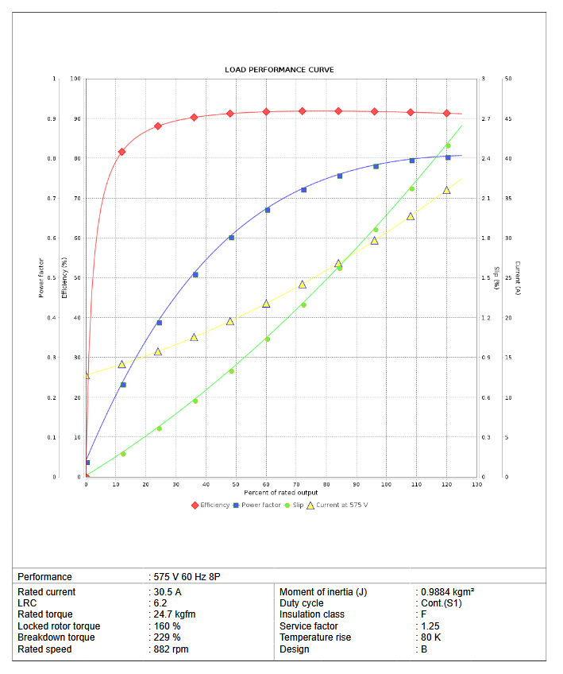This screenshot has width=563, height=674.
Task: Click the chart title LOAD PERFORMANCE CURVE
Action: click(x=279, y=70)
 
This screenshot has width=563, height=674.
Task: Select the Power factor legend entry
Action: click(x=259, y=505)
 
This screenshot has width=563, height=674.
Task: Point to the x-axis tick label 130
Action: click(x=476, y=484)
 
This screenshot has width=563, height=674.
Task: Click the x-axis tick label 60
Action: click(x=266, y=484)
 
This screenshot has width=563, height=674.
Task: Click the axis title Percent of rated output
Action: click(x=280, y=493)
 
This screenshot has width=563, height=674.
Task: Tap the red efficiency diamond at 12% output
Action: click(x=121, y=152)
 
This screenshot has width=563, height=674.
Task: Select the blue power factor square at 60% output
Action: click(x=267, y=210)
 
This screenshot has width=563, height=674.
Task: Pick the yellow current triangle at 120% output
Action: click(x=446, y=190)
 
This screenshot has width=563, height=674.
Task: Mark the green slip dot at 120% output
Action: click(x=448, y=145)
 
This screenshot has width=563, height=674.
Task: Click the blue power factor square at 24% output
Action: click(x=159, y=323)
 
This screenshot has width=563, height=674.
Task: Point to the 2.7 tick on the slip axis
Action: click(x=486, y=119)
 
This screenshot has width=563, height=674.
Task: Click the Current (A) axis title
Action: click(x=517, y=278)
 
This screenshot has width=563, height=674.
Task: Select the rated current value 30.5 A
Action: click(x=169, y=592)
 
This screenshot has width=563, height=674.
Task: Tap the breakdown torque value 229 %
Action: click(x=168, y=637)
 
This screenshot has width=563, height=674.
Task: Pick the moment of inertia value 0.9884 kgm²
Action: click(x=447, y=592)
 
